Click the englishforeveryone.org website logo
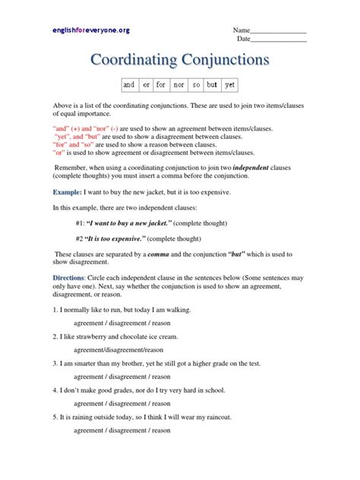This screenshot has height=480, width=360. pos(90,30)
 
